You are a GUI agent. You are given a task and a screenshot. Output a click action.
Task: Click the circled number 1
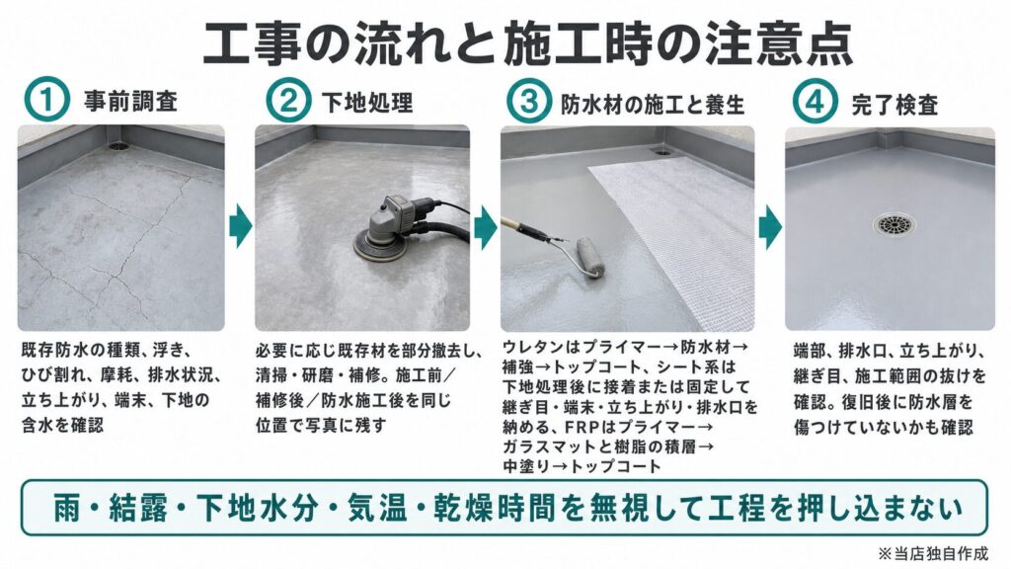pyautogui.click(x=46, y=101)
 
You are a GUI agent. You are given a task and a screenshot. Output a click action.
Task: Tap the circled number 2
pyautogui.click(x=287, y=101)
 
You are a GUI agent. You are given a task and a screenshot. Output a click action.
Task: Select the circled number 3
pyautogui.click(x=529, y=101)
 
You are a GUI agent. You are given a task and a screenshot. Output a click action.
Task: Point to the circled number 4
pyautogui.click(x=815, y=101)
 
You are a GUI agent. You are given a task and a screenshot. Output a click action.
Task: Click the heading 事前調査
pyautogui.click(x=131, y=102)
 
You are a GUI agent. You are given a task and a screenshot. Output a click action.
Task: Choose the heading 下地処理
pyautogui.click(x=367, y=103)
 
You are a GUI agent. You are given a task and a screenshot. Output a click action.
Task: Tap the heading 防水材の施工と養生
pyautogui.click(x=653, y=104)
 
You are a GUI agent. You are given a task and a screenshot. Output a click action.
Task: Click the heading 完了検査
pyautogui.click(x=894, y=104)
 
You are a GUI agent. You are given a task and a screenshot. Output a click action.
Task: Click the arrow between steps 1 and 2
pyautogui.click(x=241, y=226)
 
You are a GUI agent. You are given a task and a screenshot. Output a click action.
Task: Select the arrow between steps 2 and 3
pyautogui.click(x=486, y=227)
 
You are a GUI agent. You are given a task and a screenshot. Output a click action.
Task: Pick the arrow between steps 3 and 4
pyautogui.click(x=770, y=227)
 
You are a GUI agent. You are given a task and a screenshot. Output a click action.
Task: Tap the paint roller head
pyautogui.click(x=590, y=258)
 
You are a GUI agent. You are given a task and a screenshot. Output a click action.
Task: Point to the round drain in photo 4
pyautogui.click(x=894, y=224)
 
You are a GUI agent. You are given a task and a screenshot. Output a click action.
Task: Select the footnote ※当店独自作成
pyautogui.click(x=932, y=553)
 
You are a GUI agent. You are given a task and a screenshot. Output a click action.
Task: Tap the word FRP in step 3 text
pyautogui.click(x=583, y=427)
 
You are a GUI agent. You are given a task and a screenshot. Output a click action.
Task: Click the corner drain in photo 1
pyautogui.click(x=118, y=146)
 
